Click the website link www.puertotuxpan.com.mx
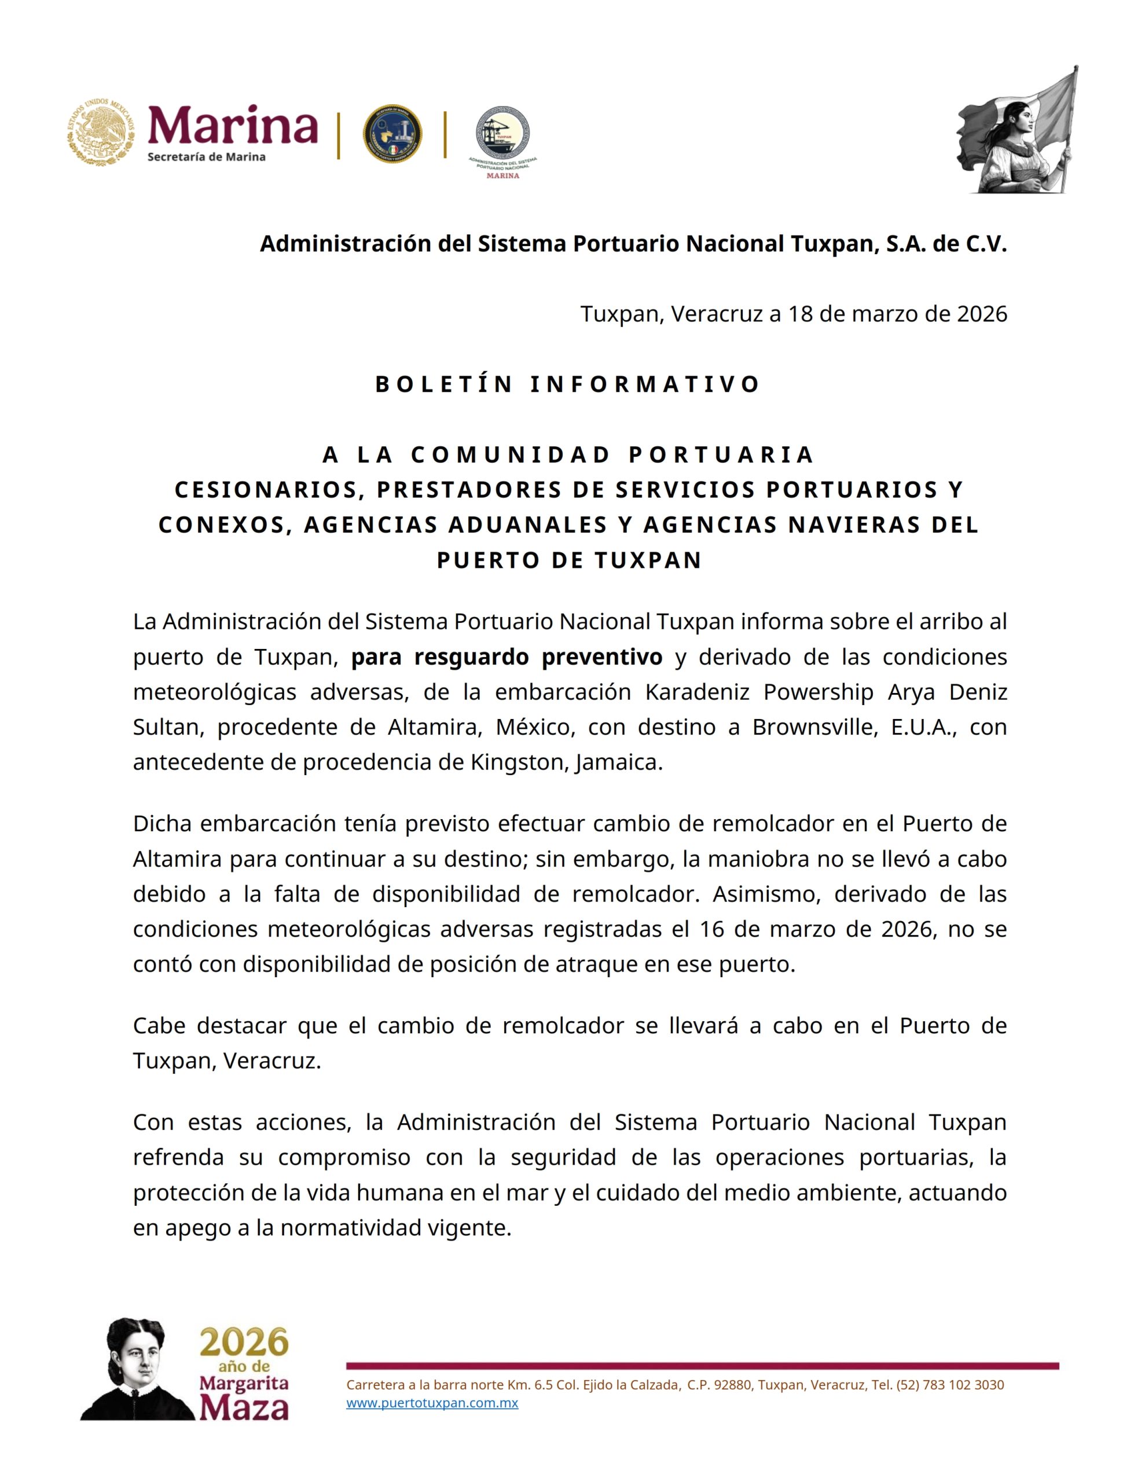432,1403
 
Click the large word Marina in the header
233,126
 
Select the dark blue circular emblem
392,134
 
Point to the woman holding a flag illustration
1018,133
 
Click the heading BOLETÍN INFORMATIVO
568,384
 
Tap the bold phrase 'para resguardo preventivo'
507,657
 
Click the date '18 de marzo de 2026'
897,314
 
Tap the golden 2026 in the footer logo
244,1343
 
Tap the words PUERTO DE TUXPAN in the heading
569,560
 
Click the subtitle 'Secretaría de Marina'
206,157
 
